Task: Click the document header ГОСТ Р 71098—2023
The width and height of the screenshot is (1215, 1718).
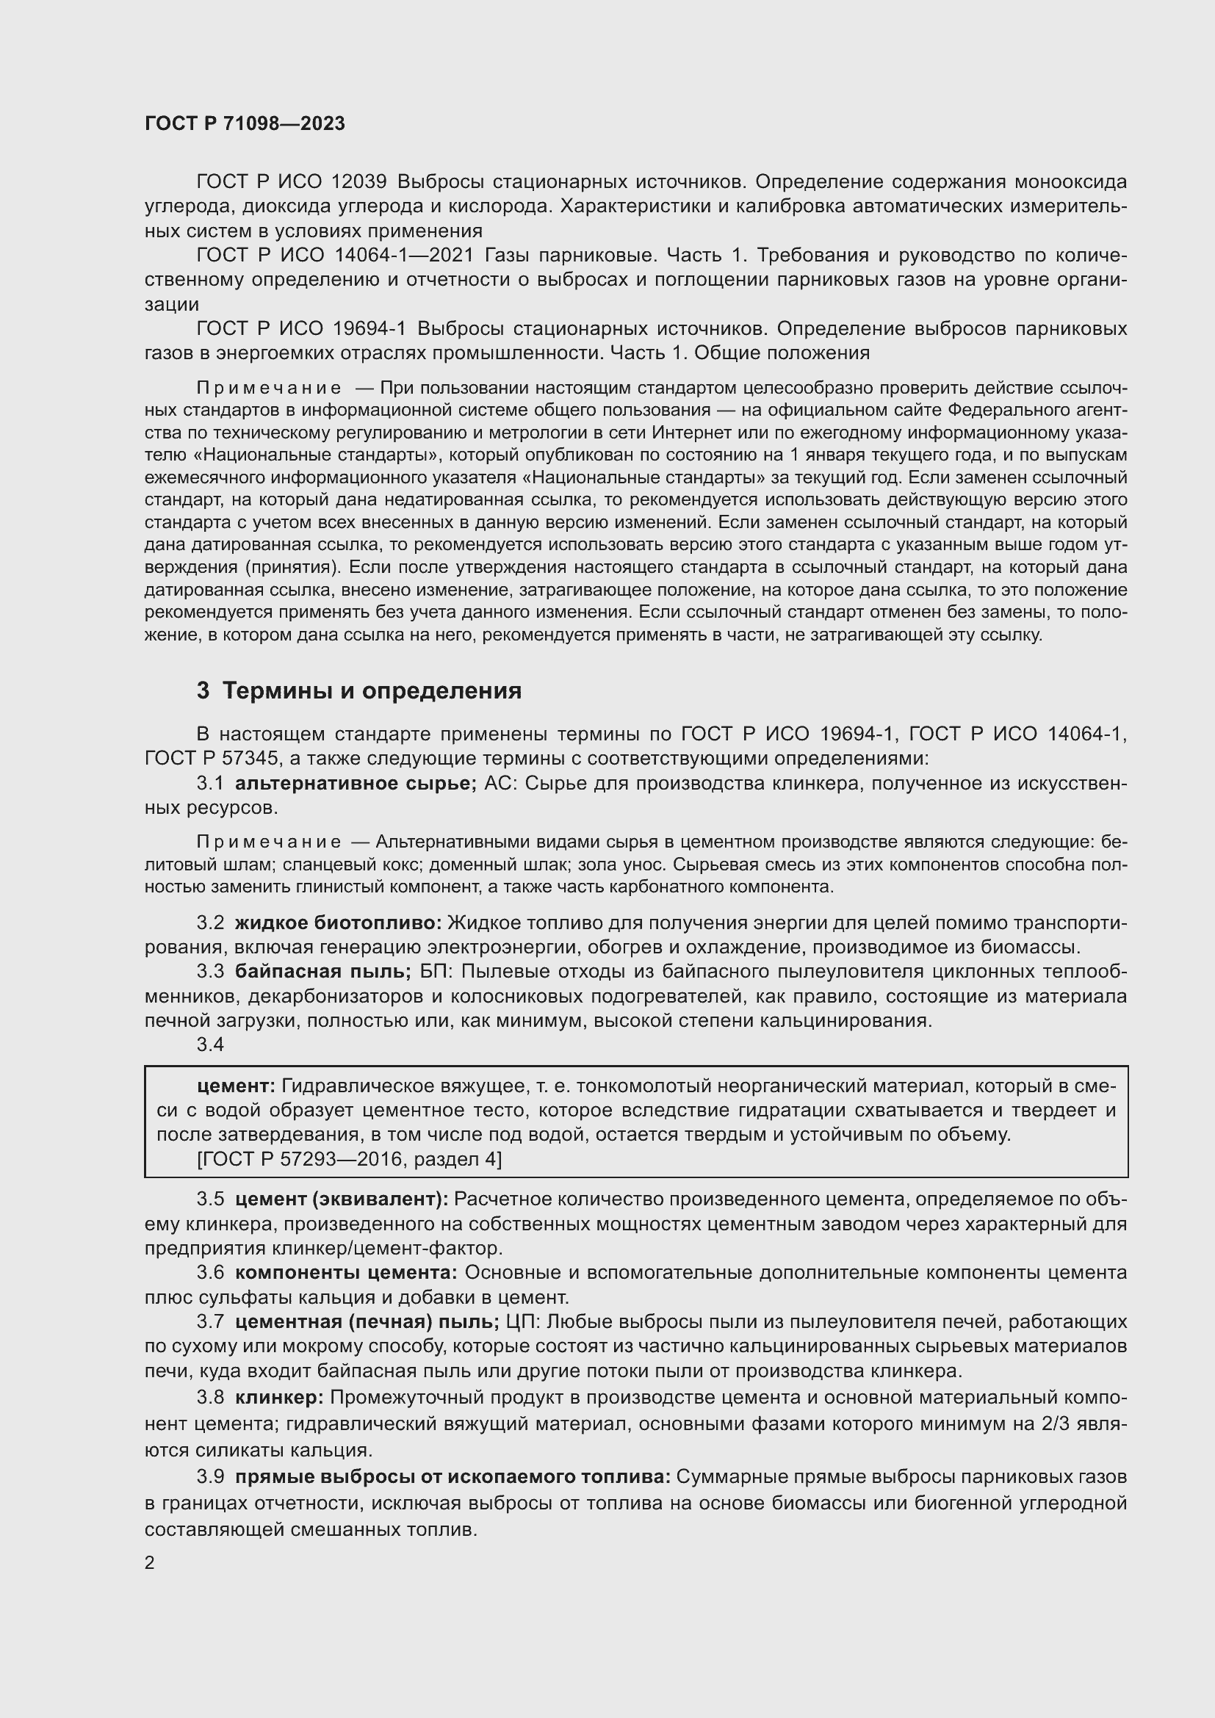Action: click(x=245, y=124)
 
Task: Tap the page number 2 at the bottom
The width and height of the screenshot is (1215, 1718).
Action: click(x=150, y=1563)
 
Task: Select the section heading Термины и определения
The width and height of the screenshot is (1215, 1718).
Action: click(x=372, y=690)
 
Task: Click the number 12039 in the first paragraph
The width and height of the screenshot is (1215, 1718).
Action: click(x=358, y=182)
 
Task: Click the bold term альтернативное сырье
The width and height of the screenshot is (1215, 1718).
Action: click(x=356, y=784)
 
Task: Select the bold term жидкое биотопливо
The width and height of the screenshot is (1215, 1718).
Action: click(x=338, y=923)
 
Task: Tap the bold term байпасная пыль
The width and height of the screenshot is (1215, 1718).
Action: click(x=322, y=972)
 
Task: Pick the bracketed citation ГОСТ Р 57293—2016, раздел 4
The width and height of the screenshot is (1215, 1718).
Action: click(x=350, y=1160)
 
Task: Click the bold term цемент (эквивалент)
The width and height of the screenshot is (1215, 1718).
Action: click(x=341, y=1199)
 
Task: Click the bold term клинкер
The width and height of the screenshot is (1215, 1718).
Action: click(x=279, y=1398)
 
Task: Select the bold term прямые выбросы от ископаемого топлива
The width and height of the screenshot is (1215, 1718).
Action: click(x=453, y=1477)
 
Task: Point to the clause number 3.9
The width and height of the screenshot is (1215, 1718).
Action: click(x=210, y=1477)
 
